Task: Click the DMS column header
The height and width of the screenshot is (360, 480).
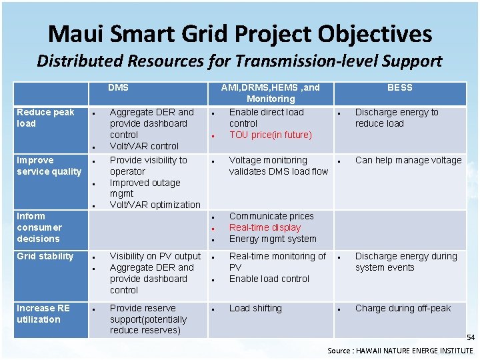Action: coord(119,87)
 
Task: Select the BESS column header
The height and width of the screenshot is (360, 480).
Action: coord(400,87)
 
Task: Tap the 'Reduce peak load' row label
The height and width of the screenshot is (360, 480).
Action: coord(45,118)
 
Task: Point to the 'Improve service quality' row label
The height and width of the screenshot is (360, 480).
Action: coord(49,166)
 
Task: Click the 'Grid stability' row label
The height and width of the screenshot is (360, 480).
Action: coord(45,256)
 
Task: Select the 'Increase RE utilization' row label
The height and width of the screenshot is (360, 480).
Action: coord(43,314)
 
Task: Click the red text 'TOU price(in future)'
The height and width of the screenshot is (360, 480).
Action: coord(270,135)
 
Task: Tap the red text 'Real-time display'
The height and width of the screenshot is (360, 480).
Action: coord(265,227)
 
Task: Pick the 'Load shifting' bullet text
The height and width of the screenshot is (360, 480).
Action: coord(255,308)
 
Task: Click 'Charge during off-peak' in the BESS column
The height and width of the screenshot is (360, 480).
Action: coord(403,308)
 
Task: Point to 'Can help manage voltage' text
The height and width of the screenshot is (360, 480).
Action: coord(408,160)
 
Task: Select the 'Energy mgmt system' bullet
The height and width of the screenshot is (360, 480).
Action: coord(273,239)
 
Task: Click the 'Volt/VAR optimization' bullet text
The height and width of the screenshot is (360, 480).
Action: coord(155,205)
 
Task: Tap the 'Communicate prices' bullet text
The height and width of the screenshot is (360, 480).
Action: coord(271,216)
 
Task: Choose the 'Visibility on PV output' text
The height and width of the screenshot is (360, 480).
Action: coord(155,256)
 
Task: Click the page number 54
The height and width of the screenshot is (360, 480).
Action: coord(470,339)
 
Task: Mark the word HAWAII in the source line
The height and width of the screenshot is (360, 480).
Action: coord(375,351)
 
